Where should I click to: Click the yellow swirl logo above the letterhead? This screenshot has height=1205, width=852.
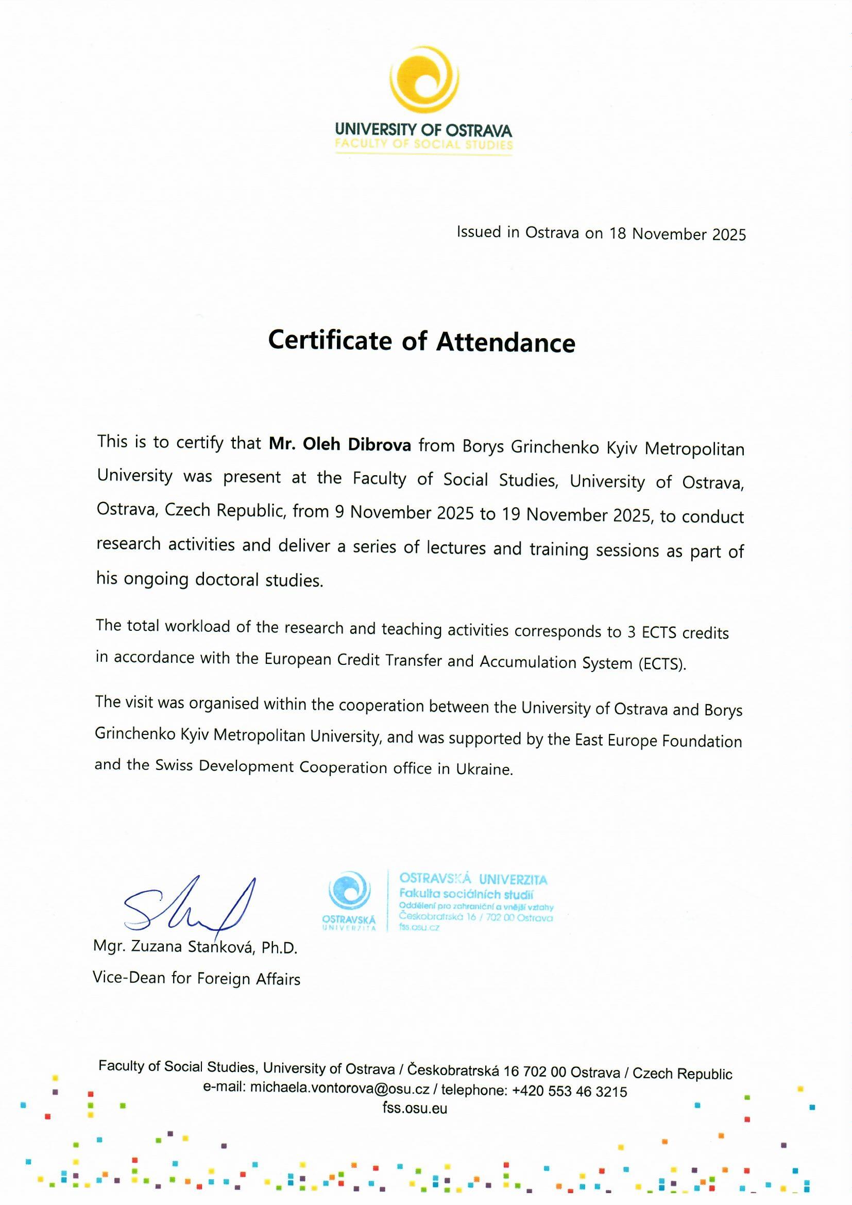(424, 82)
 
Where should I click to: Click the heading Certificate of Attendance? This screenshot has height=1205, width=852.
(421, 341)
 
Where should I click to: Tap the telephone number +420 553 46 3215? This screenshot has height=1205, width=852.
(569, 1091)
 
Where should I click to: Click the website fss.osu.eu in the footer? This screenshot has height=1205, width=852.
(415, 1108)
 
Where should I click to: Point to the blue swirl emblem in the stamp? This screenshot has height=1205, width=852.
(349, 890)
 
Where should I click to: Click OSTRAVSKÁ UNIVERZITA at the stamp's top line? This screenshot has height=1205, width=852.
(473, 879)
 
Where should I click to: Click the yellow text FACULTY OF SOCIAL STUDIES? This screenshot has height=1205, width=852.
(423, 144)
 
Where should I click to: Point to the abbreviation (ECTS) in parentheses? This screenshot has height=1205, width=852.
(662, 664)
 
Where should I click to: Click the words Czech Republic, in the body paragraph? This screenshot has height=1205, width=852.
(225, 510)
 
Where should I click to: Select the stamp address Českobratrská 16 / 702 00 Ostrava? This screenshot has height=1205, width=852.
(476, 917)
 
